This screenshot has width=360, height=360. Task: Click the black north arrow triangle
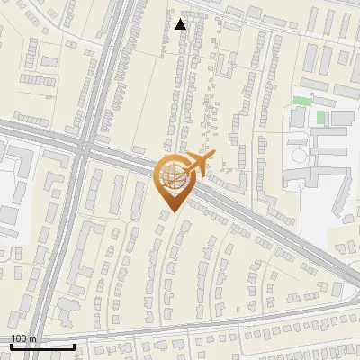[x=181, y=23]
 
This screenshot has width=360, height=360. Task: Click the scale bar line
[x=41, y=346]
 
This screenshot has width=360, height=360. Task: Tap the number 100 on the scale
[x=20, y=338]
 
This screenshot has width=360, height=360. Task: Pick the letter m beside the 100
[x=33, y=338]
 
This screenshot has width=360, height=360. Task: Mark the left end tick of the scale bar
[x=11, y=345]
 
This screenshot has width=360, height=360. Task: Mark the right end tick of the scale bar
[x=73, y=345]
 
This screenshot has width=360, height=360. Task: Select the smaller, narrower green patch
[x=320, y=118]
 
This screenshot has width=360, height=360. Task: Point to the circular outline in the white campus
[x=299, y=156]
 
